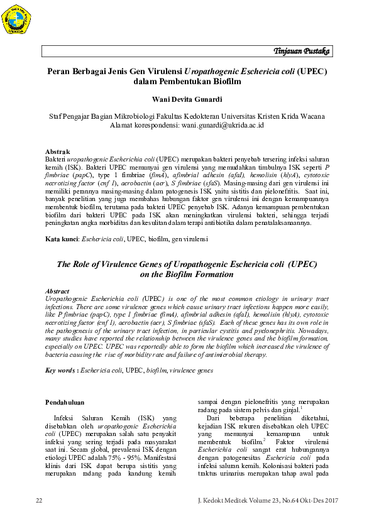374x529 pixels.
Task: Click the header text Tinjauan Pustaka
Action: (302, 51)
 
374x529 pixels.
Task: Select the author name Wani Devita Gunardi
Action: (187, 99)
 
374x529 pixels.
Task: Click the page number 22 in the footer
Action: (39, 500)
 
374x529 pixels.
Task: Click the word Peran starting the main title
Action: (60, 71)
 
